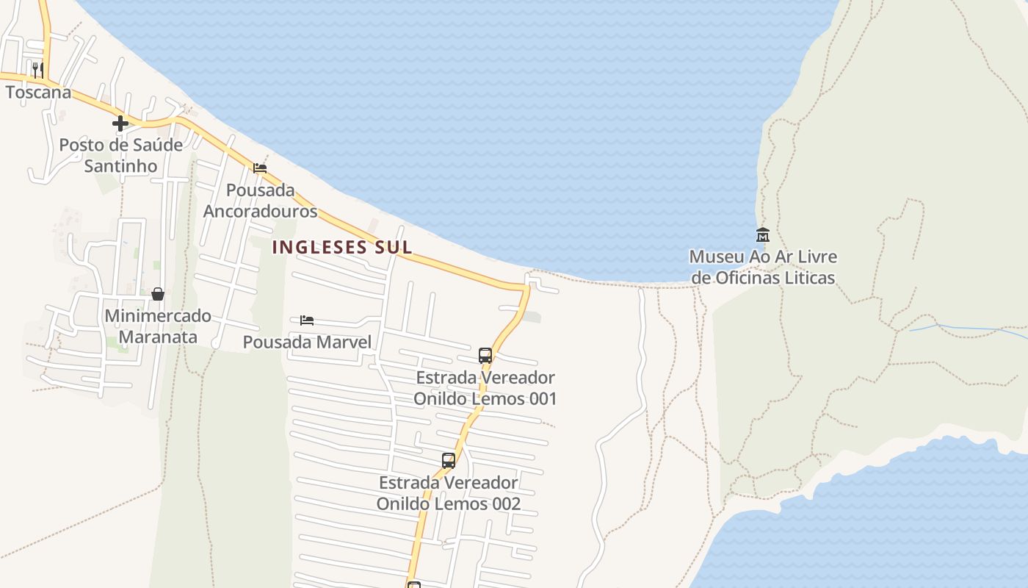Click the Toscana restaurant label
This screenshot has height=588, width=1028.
click(39, 93)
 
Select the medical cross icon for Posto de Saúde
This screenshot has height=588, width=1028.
click(120, 123)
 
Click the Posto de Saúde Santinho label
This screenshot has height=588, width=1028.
click(120, 155)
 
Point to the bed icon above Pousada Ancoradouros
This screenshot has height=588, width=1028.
click(260, 168)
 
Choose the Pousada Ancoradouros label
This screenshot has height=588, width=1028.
click(260, 201)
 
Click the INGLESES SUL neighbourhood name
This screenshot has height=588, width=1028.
click(342, 248)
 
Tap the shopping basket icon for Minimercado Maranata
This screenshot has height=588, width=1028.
click(157, 294)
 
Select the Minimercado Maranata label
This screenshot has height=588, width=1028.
click(158, 326)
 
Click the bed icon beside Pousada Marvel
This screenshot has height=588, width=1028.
click(307, 320)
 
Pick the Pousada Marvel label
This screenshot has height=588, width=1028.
click(307, 342)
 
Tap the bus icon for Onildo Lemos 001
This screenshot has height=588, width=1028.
click(485, 356)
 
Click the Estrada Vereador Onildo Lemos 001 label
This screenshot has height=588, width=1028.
click(485, 388)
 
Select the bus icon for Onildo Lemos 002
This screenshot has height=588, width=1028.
click(448, 461)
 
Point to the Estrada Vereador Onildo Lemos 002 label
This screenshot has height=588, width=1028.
click(449, 493)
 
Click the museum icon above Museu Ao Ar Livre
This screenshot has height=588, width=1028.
click(762, 235)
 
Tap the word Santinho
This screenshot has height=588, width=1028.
click(120, 166)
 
